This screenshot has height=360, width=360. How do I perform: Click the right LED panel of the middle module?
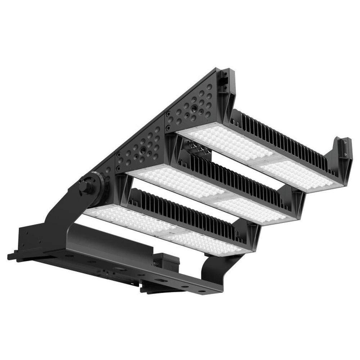pos(252,209)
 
